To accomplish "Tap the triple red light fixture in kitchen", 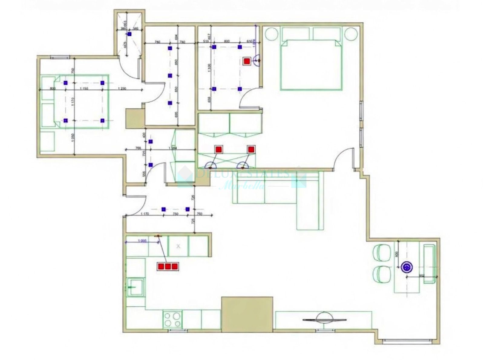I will (x=167, y=266).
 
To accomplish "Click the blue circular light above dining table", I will (x=407, y=267).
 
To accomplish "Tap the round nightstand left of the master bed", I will (x=272, y=34).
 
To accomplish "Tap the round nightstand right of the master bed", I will (x=351, y=34).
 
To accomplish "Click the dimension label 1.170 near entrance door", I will (x=145, y=214).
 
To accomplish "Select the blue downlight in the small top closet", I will (x=129, y=35).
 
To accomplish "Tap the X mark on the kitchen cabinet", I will (x=178, y=246).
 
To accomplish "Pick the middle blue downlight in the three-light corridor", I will (x=170, y=75).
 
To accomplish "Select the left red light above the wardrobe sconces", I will (x=218, y=149).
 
